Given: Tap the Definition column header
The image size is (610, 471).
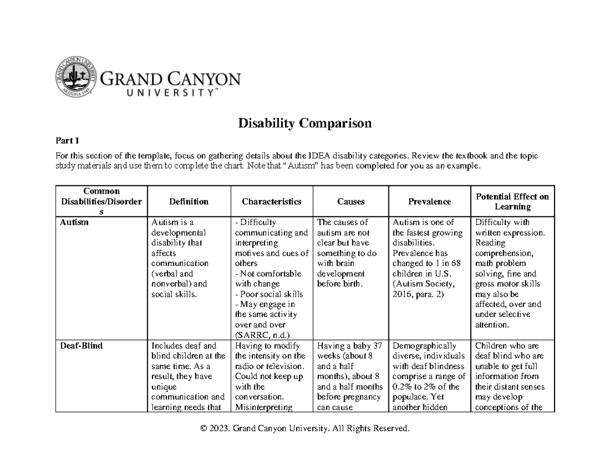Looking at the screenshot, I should coord(189,202).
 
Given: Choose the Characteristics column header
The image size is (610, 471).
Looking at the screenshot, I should coord(271,202).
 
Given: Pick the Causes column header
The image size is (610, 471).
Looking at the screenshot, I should coord(351,202).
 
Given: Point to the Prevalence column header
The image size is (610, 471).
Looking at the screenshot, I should coord(430,202).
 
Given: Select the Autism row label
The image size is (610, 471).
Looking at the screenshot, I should coord(74,223).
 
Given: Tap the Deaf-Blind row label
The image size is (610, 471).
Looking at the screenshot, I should coord(81,346).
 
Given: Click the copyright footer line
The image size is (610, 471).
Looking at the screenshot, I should coord(305,429).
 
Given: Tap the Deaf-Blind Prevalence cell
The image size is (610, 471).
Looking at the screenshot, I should coord(430,376).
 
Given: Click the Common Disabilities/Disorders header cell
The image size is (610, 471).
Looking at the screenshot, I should coord(102,202).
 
